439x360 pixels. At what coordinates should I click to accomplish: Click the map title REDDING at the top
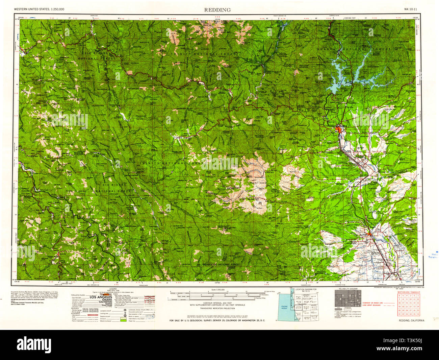click(217, 10)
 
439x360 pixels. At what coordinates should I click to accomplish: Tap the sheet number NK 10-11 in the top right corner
click(411, 9)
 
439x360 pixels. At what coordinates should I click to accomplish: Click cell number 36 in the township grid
click(418, 314)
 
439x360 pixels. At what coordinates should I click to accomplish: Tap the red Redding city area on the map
click(339, 129)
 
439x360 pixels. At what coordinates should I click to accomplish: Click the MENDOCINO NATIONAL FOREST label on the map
click(221, 264)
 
